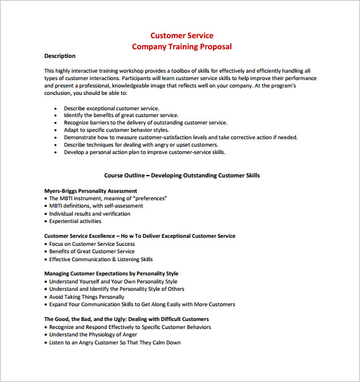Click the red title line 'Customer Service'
pyautogui.click(x=182, y=36)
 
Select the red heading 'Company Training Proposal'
pyautogui.click(x=182, y=47)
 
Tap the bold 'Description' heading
pyautogui.click(x=60, y=56)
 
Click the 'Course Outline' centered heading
pyautogui.click(x=182, y=176)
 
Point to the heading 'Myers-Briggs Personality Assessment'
pyautogui.click(x=90, y=191)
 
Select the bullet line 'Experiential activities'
pyautogui.click(x=75, y=221)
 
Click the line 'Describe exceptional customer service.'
pyautogui.click(x=111, y=108)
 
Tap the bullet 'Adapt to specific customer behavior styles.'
pyautogui.click(x=116, y=130)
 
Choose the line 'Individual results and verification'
pyautogui.click(x=89, y=214)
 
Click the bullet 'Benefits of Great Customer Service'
pyautogui.click(x=92, y=251)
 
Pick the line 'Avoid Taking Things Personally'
pyautogui.click(x=86, y=296)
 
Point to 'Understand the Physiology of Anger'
pyautogui.click(x=93, y=335)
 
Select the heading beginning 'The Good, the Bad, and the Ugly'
pyautogui.click(x=126, y=319)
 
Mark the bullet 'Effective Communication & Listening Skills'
pyautogui.click(x=101, y=259)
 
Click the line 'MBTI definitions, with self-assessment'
pyautogui.click(x=96, y=206)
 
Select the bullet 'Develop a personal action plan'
pyautogui.click(x=144, y=152)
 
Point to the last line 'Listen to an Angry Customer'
pyautogui.click(x=114, y=343)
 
